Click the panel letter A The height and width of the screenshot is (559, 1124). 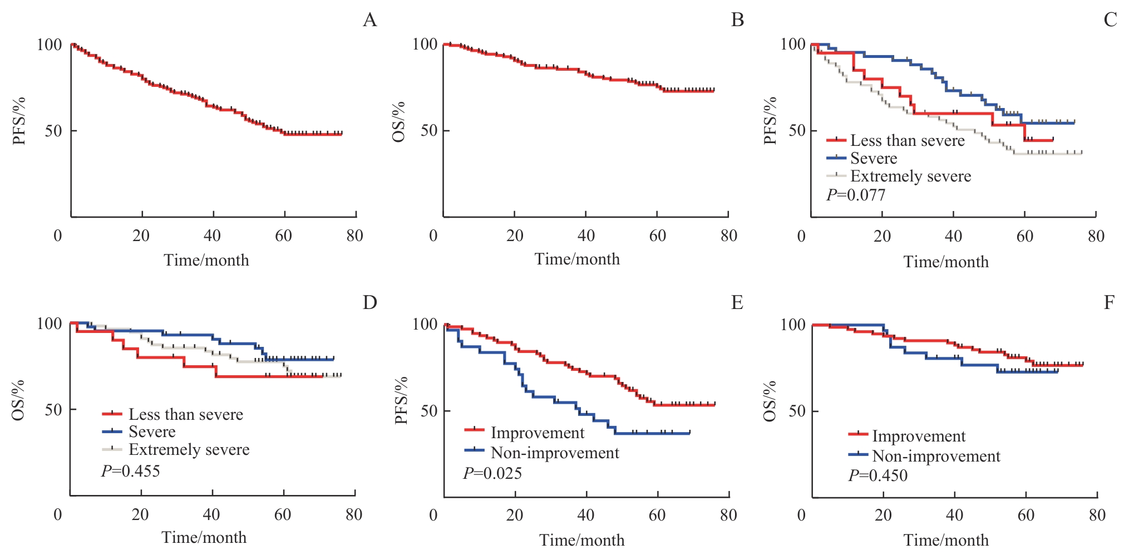(370, 20)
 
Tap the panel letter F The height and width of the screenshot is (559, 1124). (1109, 302)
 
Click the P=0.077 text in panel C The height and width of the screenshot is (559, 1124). (855, 195)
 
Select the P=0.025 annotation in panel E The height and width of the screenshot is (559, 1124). (492, 473)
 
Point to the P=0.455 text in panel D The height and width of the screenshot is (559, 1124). (130, 471)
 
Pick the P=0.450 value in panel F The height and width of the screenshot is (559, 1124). (877, 475)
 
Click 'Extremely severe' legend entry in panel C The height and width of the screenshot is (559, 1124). (910, 176)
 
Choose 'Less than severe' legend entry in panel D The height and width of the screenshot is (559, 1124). (185, 414)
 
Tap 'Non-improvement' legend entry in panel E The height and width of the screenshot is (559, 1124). (554, 453)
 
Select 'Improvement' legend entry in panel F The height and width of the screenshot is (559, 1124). (918, 436)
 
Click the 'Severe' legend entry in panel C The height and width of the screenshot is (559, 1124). (874, 159)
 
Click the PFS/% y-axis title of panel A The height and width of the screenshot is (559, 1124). (20, 121)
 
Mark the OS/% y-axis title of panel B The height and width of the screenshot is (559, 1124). (399, 122)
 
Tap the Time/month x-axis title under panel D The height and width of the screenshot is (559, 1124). (204, 537)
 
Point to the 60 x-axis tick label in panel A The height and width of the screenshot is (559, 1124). (283, 236)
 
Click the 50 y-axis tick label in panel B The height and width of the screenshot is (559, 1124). (429, 130)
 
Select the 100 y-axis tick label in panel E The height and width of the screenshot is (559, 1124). (425, 324)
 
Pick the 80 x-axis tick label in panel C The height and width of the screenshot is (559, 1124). (1096, 236)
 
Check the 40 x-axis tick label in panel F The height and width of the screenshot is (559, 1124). (954, 515)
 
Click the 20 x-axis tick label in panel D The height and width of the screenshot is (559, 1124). (140, 514)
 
